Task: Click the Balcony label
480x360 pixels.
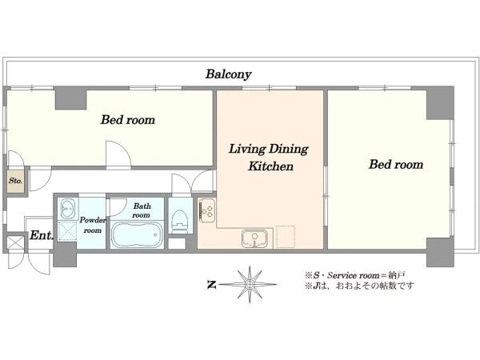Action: tap(228, 74)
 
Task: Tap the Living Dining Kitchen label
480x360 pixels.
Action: tap(269, 158)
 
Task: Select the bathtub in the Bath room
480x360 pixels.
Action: tap(137, 234)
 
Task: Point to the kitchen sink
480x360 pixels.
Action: tap(254, 238)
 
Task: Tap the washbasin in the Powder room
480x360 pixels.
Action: tap(68, 209)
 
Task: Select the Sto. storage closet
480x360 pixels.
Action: tap(16, 182)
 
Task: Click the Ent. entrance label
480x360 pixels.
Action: tap(42, 235)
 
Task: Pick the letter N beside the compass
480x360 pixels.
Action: tap(211, 285)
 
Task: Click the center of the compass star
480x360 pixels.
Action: tap(250, 285)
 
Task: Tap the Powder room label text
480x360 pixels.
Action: tap(93, 225)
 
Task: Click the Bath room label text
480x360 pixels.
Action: tap(141, 210)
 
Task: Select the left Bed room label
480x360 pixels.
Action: tap(128, 120)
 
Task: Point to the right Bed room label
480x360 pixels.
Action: tap(396, 164)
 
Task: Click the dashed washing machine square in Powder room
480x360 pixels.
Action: tap(67, 230)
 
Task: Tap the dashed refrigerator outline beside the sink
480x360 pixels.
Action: tap(286, 237)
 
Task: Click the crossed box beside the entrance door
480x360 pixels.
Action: tap(15, 242)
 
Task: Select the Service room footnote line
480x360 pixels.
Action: tap(355, 275)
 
